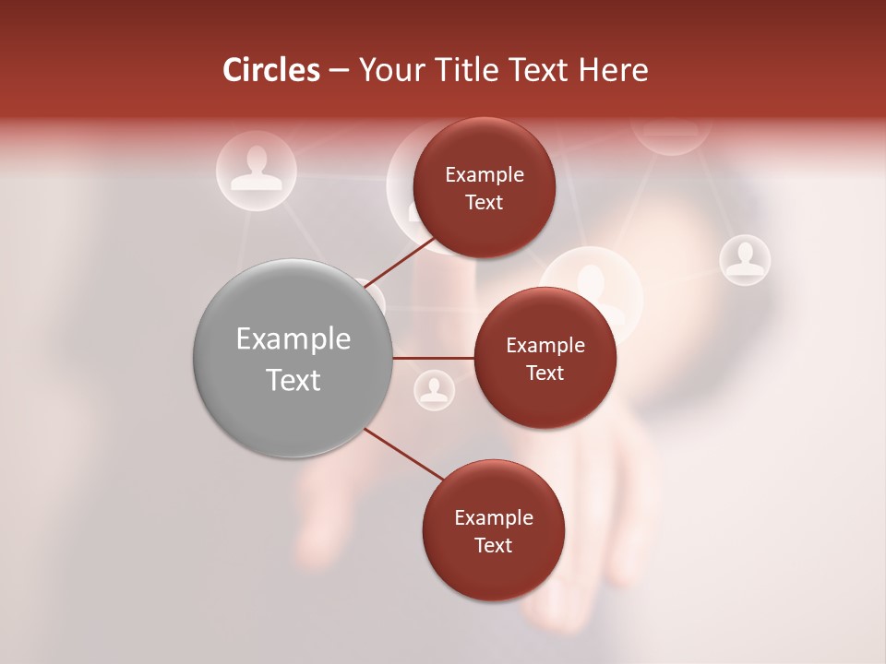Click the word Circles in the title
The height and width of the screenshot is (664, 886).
270,70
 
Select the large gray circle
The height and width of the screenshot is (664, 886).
293,358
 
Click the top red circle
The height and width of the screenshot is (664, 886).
484,187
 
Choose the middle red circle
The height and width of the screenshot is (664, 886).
545,358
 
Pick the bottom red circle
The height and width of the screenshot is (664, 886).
493,530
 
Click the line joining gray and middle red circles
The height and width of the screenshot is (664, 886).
434,358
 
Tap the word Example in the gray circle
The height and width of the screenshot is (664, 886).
293,339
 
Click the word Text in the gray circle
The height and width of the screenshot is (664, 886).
293,380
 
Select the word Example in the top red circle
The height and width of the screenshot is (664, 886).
485,175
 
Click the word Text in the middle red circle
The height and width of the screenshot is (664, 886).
545,373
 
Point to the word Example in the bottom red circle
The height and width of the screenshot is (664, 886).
494,518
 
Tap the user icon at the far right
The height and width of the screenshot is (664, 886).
745,259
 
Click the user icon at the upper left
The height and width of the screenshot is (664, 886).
256,170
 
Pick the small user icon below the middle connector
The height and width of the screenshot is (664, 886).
434,390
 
